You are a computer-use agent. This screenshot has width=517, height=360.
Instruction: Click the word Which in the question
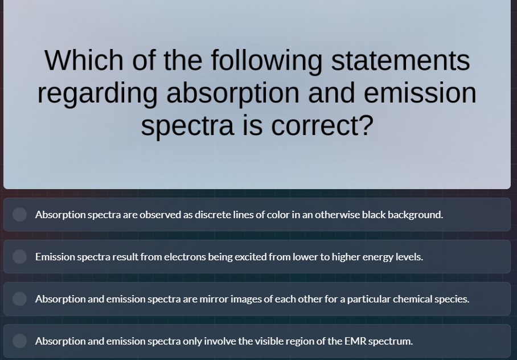(x=84, y=60)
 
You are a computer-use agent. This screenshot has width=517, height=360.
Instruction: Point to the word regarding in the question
(x=97, y=93)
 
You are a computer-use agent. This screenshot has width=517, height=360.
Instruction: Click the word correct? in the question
(x=322, y=125)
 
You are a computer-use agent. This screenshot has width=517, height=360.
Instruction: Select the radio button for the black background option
(x=20, y=215)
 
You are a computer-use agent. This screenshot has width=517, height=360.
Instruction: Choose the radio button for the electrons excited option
(x=20, y=257)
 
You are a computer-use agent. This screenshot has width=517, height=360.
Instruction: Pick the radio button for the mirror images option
(x=20, y=299)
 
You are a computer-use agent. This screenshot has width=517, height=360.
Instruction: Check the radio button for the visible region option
(x=20, y=341)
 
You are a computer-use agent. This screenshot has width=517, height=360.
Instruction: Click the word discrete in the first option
(x=213, y=215)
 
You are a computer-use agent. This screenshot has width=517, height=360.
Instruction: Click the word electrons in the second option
(x=185, y=257)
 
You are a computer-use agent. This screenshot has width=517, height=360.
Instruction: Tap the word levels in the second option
(x=409, y=257)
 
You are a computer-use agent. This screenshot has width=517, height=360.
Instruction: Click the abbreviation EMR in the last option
(x=355, y=341)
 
